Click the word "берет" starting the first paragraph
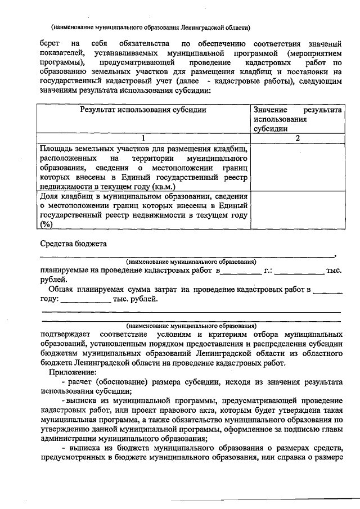pyautogui.click(x=51, y=43)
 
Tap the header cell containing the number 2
pyautogui.click(x=296, y=138)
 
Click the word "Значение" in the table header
pyautogui.click(x=271, y=110)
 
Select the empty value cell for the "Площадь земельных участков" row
pyautogui.click(x=296, y=167)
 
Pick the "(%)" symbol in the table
pyautogui.click(x=46, y=224)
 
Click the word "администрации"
pyautogui.click(x=67, y=439)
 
